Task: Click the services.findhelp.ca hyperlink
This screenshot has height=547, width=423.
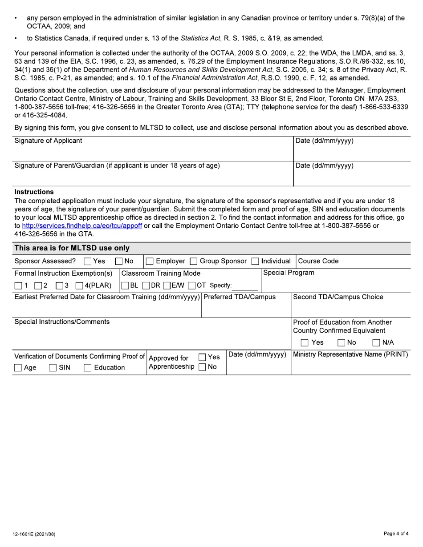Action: click(x=82, y=225)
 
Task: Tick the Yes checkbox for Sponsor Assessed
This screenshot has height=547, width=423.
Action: click(x=87, y=261)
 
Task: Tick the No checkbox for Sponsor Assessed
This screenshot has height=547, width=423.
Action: click(x=119, y=261)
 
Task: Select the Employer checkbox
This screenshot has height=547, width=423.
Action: click(x=150, y=261)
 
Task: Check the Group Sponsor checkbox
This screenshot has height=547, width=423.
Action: click(x=194, y=261)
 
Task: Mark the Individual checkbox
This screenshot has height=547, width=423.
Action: click(x=255, y=261)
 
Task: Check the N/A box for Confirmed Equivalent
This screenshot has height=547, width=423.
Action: click(x=376, y=343)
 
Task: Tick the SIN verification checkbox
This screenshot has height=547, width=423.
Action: click(x=53, y=368)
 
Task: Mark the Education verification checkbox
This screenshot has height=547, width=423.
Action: click(x=87, y=368)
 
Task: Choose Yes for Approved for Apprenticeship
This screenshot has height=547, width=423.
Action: click(x=202, y=357)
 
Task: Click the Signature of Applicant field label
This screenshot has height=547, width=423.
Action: click(x=48, y=141)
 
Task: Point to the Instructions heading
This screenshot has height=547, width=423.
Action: click(x=34, y=192)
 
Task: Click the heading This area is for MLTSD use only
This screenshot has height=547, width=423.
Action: click(x=72, y=248)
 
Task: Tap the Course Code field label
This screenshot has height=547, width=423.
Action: click(x=318, y=261)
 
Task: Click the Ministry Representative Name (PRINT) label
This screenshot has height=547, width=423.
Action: click(x=350, y=354)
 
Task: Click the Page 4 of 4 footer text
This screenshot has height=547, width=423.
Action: click(x=396, y=534)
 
